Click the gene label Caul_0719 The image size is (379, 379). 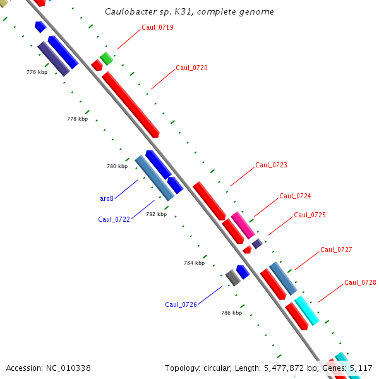(x=157, y=27)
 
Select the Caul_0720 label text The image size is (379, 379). (x=191, y=68)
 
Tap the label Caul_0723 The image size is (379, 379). (x=271, y=165)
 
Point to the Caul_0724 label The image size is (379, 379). (x=295, y=196)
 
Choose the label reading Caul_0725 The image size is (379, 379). (x=310, y=215)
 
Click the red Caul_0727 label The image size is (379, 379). (x=336, y=250)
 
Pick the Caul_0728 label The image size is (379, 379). (x=360, y=282)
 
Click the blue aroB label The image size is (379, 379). (x=107, y=198)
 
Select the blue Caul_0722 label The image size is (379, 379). (x=114, y=219)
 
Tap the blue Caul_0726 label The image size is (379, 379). (x=181, y=304)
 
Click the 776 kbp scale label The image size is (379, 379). (x=37, y=72)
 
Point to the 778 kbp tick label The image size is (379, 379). (x=77, y=119)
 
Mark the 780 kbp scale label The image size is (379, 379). (x=117, y=166)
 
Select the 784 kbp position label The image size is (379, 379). (x=194, y=263)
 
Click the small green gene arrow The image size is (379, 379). (x=107, y=59)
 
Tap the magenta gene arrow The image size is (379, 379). (x=242, y=225)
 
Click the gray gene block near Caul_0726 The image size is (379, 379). (x=233, y=277)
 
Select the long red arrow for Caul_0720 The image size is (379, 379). (x=130, y=104)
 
